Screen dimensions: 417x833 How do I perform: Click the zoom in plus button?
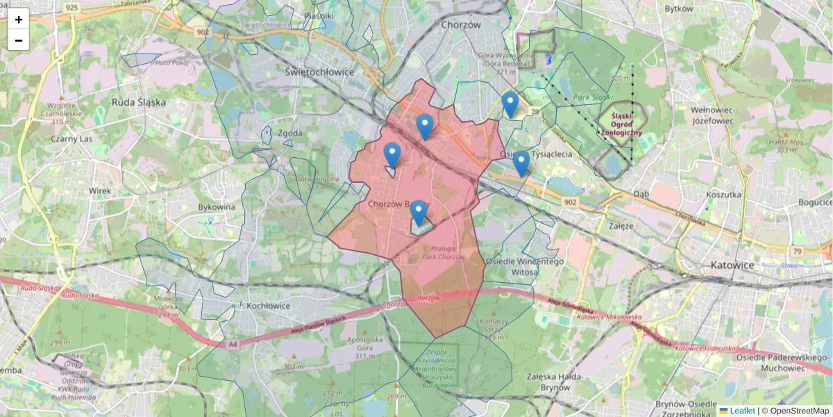point(19,19)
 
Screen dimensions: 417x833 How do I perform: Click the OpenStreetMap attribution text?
point(799,411)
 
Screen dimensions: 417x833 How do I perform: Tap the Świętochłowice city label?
point(320,72)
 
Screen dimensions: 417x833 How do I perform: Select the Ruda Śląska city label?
point(139,101)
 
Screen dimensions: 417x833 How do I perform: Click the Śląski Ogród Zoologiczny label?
point(621,124)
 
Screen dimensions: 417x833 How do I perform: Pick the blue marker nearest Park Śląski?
point(510,105)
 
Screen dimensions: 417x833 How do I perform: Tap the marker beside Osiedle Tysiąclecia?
point(521,164)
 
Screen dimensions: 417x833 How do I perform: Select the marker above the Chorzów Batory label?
point(418,213)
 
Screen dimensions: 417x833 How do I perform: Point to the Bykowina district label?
point(217,207)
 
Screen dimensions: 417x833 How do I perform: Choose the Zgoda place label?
point(288,133)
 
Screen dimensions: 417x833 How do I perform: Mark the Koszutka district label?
point(723,195)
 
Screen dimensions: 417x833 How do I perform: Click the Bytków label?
point(679,9)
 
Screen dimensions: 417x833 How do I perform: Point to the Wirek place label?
point(101,190)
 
